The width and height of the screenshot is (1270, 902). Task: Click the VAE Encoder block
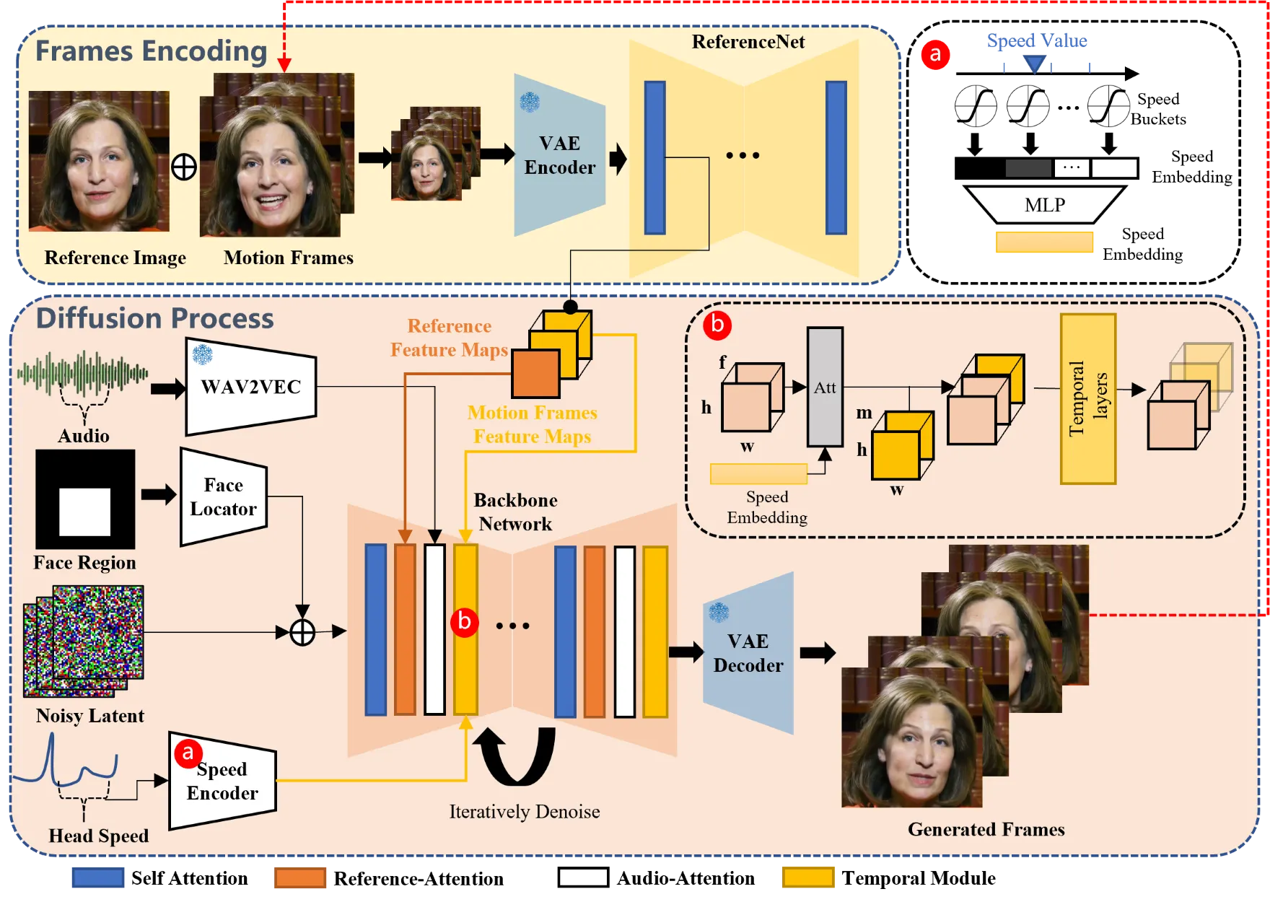tap(559, 155)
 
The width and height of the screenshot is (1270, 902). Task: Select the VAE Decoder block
tap(748, 653)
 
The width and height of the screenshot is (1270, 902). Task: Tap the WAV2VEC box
tap(251, 387)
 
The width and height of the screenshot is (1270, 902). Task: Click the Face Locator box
tap(224, 497)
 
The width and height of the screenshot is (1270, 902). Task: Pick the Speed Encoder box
tap(222, 781)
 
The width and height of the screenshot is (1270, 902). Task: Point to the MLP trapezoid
tap(1045, 205)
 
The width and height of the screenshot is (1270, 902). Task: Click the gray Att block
tap(825, 387)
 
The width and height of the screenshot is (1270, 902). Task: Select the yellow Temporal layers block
tap(1088, 399)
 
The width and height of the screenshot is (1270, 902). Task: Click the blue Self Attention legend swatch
tap(98, 877)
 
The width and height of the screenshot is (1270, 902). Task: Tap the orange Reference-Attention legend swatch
tap(300, 877)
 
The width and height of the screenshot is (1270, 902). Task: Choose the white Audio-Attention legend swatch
tap(583, 877)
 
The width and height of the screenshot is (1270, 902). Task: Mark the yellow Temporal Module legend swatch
tap(808, 877)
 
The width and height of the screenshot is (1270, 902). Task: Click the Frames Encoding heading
tap(152, 51)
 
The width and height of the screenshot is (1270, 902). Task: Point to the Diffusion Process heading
tap(155, 318)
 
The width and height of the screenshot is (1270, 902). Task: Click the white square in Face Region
tap(84, 512)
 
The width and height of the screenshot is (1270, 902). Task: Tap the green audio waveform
tap(83, 373)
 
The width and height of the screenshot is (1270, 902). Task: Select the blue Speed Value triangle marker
tap(1035, 65)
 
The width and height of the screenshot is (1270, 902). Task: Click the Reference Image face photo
tap(99, 161)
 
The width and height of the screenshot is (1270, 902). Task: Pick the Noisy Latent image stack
tap(84, 642)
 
